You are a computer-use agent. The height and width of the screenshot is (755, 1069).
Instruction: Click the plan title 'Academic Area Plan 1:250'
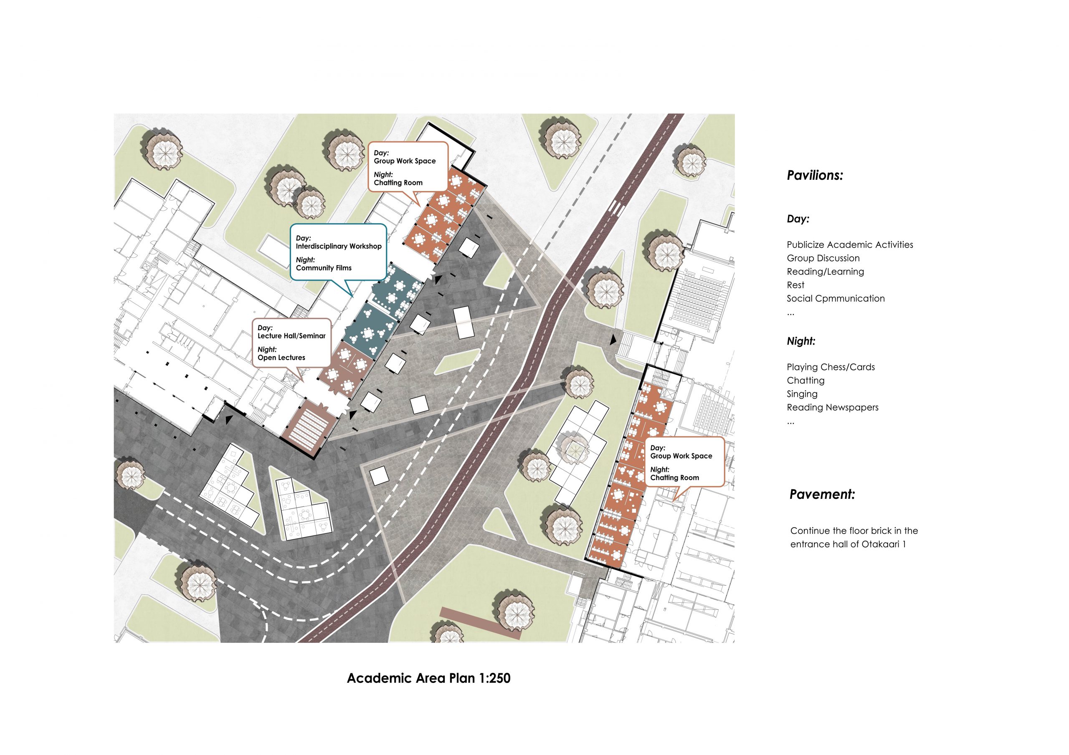(428, 678)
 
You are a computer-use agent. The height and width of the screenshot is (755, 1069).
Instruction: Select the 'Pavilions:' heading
(815, 175)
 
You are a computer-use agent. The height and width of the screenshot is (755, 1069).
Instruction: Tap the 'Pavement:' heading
(822, 494)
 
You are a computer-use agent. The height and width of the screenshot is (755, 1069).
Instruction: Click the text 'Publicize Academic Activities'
(850, 245)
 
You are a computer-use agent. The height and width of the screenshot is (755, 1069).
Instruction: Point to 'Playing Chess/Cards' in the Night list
(831, 367)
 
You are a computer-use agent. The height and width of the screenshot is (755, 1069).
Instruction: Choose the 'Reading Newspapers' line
(833, 408)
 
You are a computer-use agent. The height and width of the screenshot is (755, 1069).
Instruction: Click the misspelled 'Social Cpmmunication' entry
(836, 299)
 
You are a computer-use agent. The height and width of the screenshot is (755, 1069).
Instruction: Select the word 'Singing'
(802, 394)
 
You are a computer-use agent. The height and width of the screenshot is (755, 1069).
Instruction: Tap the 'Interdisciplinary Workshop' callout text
(339, 246)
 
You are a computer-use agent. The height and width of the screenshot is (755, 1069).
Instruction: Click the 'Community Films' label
(324, 268)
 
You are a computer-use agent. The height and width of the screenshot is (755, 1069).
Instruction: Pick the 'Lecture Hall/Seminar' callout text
(291, 336)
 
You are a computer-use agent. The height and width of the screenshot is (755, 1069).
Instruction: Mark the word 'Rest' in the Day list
(795, 285)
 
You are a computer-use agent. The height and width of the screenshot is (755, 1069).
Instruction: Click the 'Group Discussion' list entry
(823, 258)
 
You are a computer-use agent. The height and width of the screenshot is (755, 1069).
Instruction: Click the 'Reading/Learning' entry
(825, 272)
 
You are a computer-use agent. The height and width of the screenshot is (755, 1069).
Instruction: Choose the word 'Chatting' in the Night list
(806, 380)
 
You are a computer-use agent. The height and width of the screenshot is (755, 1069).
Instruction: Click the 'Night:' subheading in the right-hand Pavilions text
(801, 342)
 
